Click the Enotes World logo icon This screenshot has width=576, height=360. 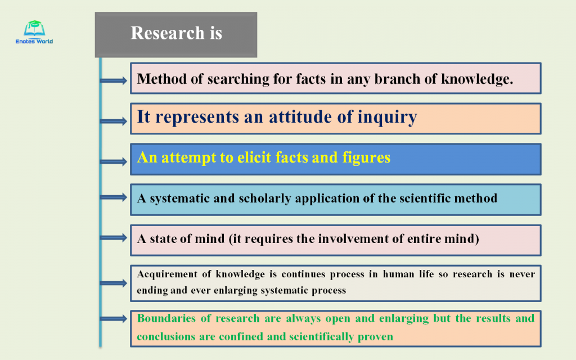(34, 28)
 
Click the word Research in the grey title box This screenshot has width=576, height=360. (168, 33)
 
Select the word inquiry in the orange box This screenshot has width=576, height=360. (387, 118)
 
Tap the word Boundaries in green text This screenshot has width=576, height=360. (166, 318)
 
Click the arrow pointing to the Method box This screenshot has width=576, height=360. (114, 80)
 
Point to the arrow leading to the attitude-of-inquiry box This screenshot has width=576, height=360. (114, 121)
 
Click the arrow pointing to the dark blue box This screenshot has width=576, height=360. (114, 161)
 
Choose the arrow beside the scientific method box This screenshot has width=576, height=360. (114, 197)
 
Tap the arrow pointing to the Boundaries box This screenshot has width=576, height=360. (114, 318)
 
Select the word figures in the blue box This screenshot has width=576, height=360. (366, 158)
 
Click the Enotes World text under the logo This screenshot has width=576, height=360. (34, 42)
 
